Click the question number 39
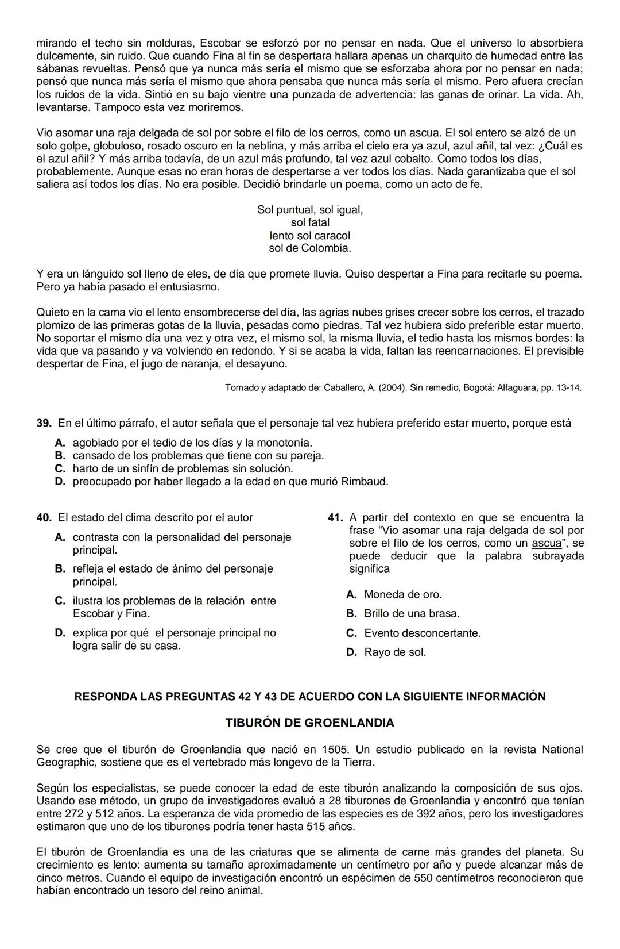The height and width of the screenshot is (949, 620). click(x=44, y=424)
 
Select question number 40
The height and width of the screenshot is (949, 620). click(x=44, y=518)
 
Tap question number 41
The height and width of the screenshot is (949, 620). click(x=335, y=518)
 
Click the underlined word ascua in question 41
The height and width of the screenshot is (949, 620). click(x=547, y=543)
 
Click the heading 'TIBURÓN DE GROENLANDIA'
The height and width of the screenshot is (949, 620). click(x=310, y=723)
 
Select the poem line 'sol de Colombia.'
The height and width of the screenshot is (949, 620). click(x=310, y=248)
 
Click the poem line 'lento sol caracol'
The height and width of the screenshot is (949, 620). click(x=310, y=236)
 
